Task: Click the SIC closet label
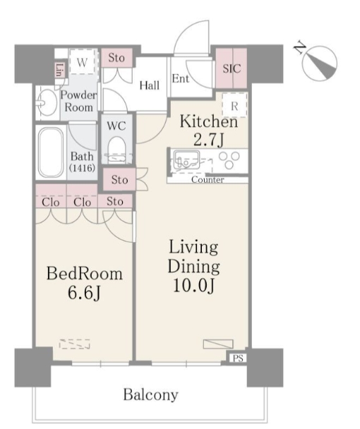232,68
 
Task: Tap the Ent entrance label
181,79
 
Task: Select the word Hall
149,85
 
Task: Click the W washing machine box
83,62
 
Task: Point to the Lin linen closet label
59,70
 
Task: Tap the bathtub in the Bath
51,152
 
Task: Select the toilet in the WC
116,150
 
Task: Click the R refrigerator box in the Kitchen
234,105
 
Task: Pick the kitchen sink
186,160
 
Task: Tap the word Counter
208,180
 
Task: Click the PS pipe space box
238,358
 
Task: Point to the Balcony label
150,394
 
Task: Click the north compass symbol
320,64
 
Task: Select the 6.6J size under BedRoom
84,294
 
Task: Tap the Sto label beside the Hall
116,58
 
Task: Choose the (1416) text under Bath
82,168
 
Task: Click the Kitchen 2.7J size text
209,140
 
